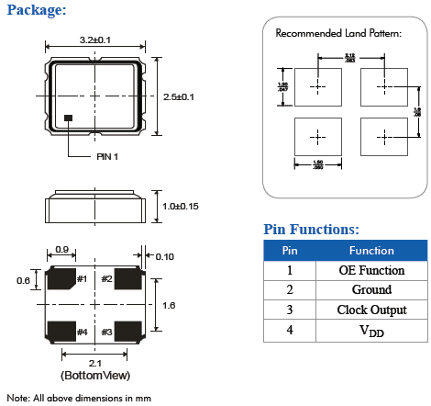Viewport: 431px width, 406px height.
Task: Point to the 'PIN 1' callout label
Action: tap(108, 156)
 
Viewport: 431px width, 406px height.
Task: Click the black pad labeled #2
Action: tap(127, 279)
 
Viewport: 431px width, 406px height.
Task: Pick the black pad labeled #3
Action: tap(127, 331)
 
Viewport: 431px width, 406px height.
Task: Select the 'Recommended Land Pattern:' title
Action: tap(338, 33)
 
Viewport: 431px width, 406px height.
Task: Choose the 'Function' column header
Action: tap(371, 251)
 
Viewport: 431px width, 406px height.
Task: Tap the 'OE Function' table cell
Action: tap(371, 270)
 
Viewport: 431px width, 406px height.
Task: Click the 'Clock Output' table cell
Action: tap(371, 310)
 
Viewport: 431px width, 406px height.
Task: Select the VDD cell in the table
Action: tap(371, 330)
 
